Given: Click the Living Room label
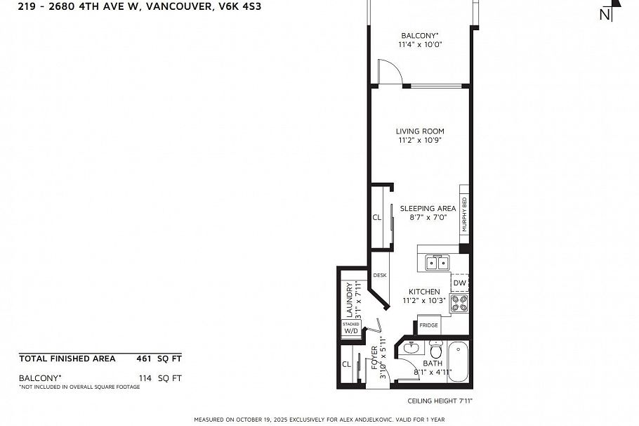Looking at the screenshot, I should (x=419, y=131).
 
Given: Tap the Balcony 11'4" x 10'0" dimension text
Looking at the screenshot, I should (x=420, y=44).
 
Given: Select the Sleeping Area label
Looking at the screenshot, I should (x=428, y=208).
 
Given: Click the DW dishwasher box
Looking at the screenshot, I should (x=459, y=283).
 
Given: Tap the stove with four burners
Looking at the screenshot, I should (x=459, y=303).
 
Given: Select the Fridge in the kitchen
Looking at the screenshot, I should (x=428, y=325).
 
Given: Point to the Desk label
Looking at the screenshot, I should (x=380, y=276).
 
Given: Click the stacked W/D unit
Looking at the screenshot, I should (x=351, y=328).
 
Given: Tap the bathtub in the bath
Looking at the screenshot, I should (x=458, y=361).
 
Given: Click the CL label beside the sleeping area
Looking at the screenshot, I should (x=377, y=218).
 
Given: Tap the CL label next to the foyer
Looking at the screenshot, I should (x=346, y=364).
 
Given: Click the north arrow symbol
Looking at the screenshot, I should (x=609, y=12).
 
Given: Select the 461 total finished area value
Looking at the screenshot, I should (x=143, y=359).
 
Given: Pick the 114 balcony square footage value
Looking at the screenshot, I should (x=145, y=378).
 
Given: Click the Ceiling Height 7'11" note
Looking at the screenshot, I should (x=440, y=401).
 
